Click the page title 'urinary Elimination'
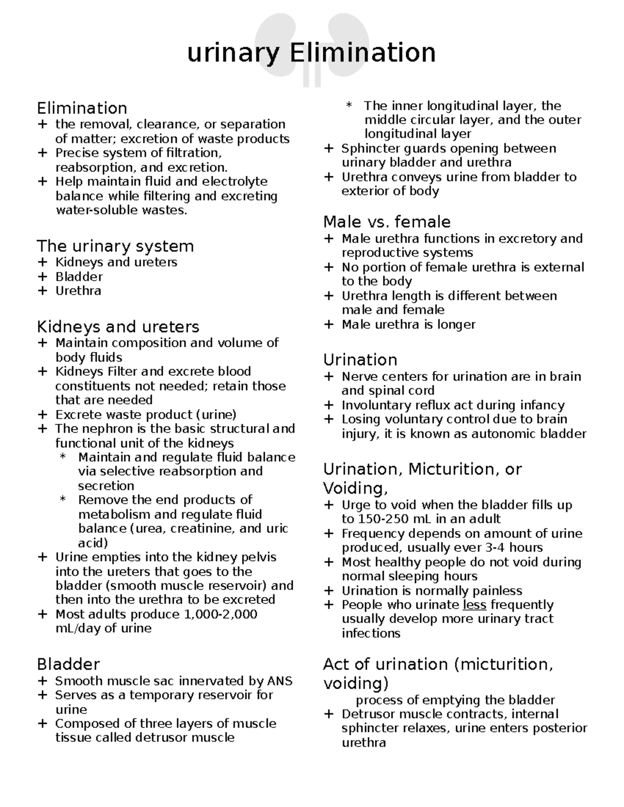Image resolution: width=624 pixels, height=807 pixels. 311,53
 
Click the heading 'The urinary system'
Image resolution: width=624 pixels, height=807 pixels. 115,246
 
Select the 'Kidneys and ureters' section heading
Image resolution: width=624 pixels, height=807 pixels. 118,327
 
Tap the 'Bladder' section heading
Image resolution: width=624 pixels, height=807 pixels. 68,665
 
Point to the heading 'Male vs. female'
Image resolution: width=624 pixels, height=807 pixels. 386,222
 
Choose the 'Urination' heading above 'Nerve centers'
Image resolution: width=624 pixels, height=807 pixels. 360,360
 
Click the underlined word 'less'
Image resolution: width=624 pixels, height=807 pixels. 474,605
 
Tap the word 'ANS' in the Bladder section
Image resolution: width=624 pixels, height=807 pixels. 280,681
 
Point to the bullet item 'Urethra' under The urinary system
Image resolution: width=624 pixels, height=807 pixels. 78,291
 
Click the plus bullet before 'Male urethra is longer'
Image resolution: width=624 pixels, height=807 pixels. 328,325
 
